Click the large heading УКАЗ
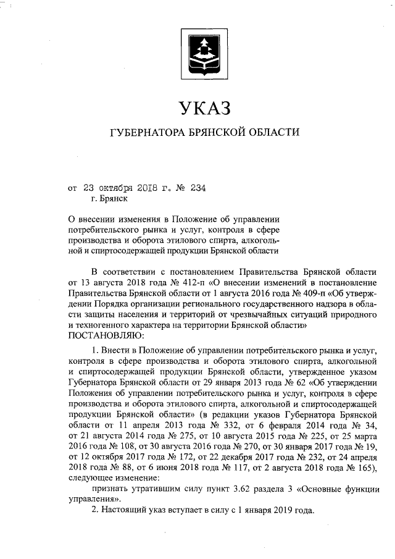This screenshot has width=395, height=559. click(203, 109)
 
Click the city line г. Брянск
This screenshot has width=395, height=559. click(109, 199)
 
